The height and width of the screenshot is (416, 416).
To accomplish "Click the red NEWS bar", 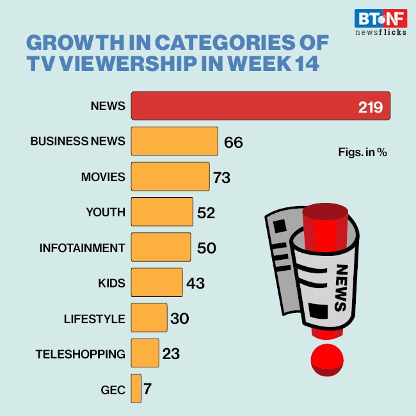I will pyautogui.click(x=256, y=106).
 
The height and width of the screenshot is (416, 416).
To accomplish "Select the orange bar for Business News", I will pyautogui.click(x=174, y=141).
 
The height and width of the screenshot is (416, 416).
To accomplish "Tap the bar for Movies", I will pyautogui.click(x=170, y=177).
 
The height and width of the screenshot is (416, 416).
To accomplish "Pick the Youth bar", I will pyautogui.click(x=162, y=212).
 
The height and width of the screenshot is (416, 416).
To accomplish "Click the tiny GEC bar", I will pyautogui.click(x=136, y=388).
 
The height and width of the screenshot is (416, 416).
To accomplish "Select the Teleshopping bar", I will pyautogui.click(x=145, y=353).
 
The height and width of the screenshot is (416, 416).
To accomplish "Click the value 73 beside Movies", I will pyautogui.click(x=221, y=177).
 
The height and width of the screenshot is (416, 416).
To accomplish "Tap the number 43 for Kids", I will pyautogui.click(x=195, y=283).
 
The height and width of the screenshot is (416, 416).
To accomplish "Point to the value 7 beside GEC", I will pyautogui.click(x=148, y=388).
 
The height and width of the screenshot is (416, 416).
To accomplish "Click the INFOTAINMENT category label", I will pyautogui.click(x=83, y=247).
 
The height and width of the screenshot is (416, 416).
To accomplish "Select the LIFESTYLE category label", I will pyautogui.click(x=95, y=318).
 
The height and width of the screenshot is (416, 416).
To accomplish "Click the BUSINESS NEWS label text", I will pyautogui.click(x=77, y=141).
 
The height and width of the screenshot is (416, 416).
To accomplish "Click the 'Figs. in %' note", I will pyautogui.click(x=362, y=152).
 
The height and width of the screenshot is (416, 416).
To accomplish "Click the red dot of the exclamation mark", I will pyautogui.click(x=327, y=360).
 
